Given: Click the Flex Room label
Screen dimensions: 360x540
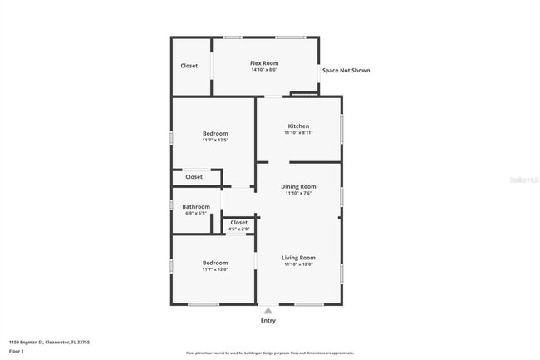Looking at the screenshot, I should pos(264,63).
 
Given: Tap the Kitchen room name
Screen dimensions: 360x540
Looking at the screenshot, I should pos(298,126).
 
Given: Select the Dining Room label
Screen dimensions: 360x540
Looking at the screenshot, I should pos(298,187).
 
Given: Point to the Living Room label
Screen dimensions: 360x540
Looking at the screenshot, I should pos(298,258).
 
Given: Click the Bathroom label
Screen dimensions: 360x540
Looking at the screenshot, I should pos(197,207).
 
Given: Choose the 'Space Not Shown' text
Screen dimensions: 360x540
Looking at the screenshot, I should pos(346,71).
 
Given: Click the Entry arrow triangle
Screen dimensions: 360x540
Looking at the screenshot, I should pos(268,311).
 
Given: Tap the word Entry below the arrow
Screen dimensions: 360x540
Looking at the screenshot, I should pos(268,321).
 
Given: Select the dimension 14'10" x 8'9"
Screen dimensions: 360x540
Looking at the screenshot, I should pos(264,70).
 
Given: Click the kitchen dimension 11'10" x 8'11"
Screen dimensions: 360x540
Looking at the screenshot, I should pos(298,133).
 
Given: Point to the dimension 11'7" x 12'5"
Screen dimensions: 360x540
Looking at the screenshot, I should pos(214,140).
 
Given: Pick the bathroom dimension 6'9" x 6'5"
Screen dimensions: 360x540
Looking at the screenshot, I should pos(196,214).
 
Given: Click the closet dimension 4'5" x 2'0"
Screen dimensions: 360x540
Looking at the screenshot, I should pos(238,229).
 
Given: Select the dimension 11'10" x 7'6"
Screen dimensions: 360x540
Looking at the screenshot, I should pos(298,194).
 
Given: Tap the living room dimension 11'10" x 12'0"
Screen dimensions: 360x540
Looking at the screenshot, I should pos(298,264).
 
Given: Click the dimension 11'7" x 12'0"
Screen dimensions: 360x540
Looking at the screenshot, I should pos(214,269).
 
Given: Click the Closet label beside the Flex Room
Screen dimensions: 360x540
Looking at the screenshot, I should pos(189,66).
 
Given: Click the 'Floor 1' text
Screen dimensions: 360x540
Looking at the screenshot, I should pos(17,351).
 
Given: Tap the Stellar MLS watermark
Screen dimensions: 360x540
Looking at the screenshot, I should pos(521,178).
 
